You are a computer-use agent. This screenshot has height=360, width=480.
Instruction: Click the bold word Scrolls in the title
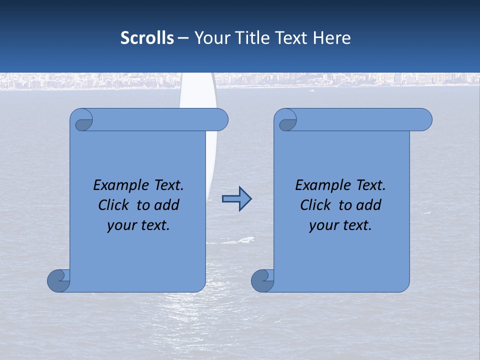point(147,38)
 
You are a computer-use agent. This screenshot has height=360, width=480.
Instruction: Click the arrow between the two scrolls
point(236,199)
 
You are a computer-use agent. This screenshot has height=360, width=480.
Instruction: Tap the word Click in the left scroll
point(113,205)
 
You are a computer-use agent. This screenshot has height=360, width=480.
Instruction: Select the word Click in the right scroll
point(315,205)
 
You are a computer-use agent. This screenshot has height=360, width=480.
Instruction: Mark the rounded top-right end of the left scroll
point(220,120)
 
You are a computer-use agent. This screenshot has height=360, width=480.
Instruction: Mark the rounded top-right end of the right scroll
point(424,120)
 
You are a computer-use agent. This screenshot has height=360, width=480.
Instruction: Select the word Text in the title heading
point(292,38)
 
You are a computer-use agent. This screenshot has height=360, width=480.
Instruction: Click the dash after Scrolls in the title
point(183,38)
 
